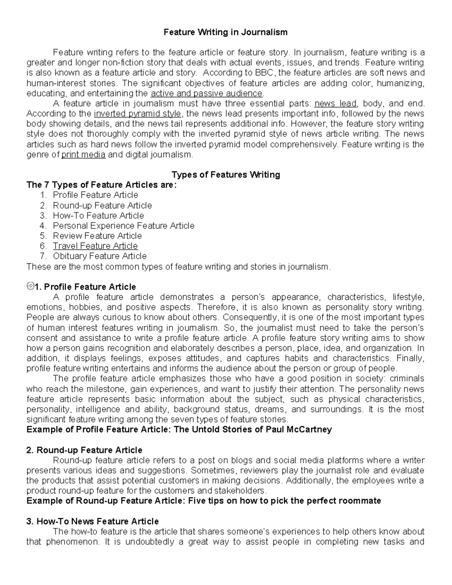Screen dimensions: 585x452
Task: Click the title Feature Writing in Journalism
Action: (225, 32)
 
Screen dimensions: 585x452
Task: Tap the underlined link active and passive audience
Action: (206, 93)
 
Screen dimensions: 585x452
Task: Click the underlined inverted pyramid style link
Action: (137, 114)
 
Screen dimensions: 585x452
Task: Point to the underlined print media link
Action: (83, 154)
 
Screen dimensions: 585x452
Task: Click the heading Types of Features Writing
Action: (226, 175)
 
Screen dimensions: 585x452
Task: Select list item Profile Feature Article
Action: (95, 195)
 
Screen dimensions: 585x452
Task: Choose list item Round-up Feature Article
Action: (102, 206)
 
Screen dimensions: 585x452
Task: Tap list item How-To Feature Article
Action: (98, 216)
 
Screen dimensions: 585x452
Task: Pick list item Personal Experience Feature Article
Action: (124, 226)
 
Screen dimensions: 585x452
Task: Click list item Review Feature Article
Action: (97, 236)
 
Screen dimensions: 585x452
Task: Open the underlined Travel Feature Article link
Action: (95, 246)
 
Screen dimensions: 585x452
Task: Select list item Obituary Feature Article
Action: (99, 257)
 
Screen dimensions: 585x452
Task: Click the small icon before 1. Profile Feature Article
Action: (30, 286)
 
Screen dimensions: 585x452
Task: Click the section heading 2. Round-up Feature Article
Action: (84, 450)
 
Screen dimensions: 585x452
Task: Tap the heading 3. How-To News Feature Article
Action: (92, 521)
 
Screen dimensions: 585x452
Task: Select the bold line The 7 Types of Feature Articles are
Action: (101, 185)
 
